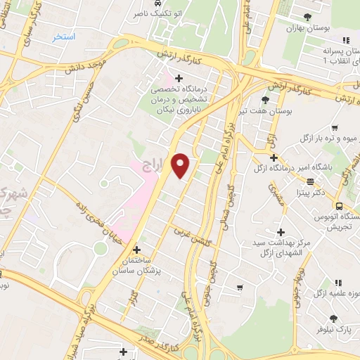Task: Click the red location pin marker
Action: coord(181,165)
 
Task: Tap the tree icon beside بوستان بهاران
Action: coord(307,17)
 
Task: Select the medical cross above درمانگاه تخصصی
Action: coord(179,78)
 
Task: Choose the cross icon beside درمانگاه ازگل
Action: coord(274,157)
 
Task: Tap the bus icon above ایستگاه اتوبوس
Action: coord(339,206)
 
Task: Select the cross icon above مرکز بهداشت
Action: coord(281,231)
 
